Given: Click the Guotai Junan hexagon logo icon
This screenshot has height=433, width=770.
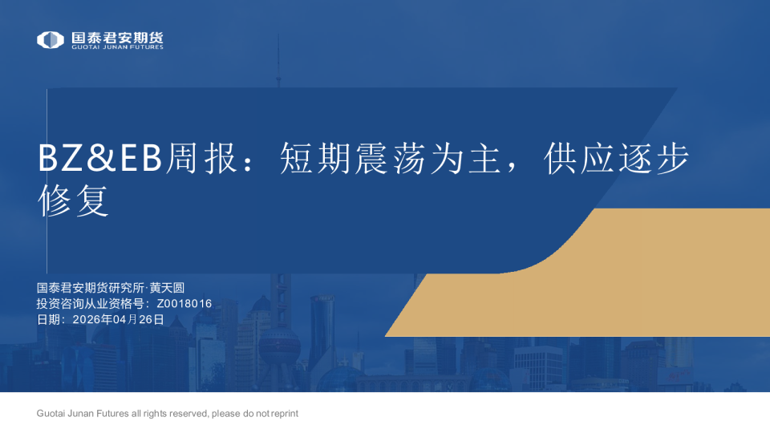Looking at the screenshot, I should [51, 39].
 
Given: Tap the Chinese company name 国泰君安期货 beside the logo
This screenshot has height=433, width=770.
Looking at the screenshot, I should [116, 36].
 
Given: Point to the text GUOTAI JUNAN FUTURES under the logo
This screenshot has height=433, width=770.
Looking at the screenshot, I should [116, 47].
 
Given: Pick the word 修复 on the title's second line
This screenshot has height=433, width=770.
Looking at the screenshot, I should [74, 201].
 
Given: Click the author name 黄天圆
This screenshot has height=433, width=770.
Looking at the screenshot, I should [168, 287].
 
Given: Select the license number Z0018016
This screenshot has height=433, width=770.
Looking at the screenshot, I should [184, 303].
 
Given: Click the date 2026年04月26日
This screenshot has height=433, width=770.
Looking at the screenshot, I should [118, 318].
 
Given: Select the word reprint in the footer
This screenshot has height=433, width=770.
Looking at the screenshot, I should [284, 413].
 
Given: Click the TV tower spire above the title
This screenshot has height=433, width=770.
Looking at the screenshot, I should [278, 60].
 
